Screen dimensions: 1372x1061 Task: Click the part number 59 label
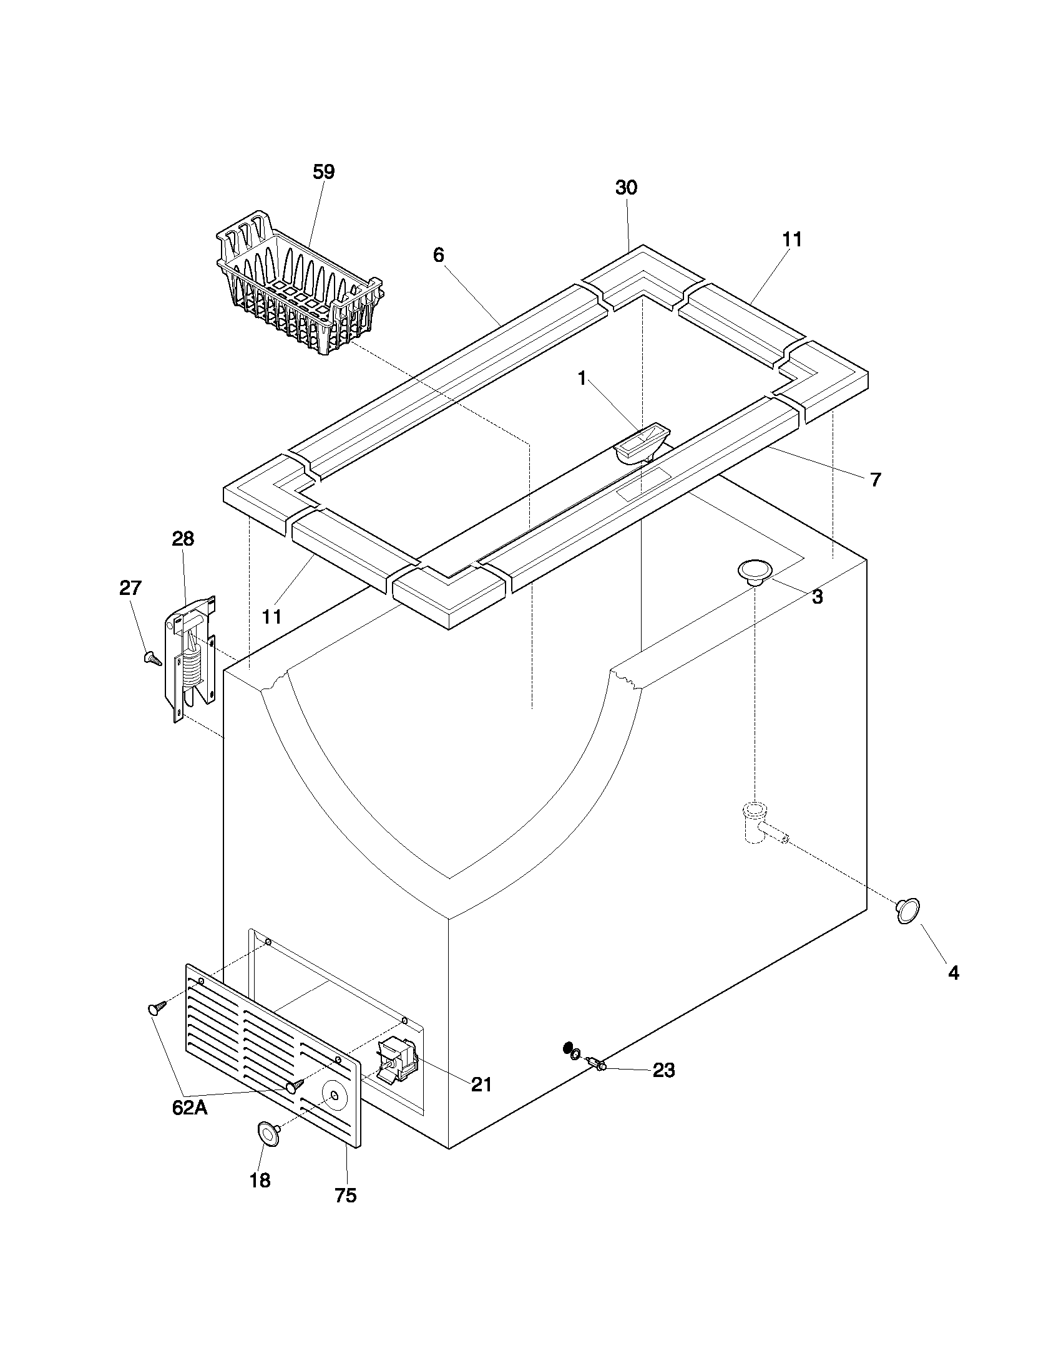pyautogui.click(x=324, y=171)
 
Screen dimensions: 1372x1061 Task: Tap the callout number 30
pyautogui.click(x=626, y=187)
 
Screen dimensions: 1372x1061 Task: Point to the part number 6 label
pyautogui.click(x=438, y=254)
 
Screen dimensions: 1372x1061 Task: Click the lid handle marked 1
pyautogui.click(x=642, y=442)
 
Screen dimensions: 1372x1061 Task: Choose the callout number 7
pyautogui.click(x=876, y=480)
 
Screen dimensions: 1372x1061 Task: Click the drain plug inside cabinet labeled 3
pyautogui.click(x=755, y=571)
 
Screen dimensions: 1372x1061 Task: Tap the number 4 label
pyautogui.click(x=954, y=973)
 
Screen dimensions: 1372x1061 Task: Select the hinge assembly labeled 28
pyautogui.click(x=190, y=657)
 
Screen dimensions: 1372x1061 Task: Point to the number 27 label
pyautogui.click(x=130, y=588)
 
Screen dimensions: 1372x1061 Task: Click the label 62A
pyautogui.click(x=189, y=1108)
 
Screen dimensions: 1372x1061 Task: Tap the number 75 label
pyautogui.click(x=346, y=1196)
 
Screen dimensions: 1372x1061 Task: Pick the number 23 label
pyautogui.click(x=664, y=1070)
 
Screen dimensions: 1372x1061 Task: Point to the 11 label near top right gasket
pyautogui.click(x=792, y=239)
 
